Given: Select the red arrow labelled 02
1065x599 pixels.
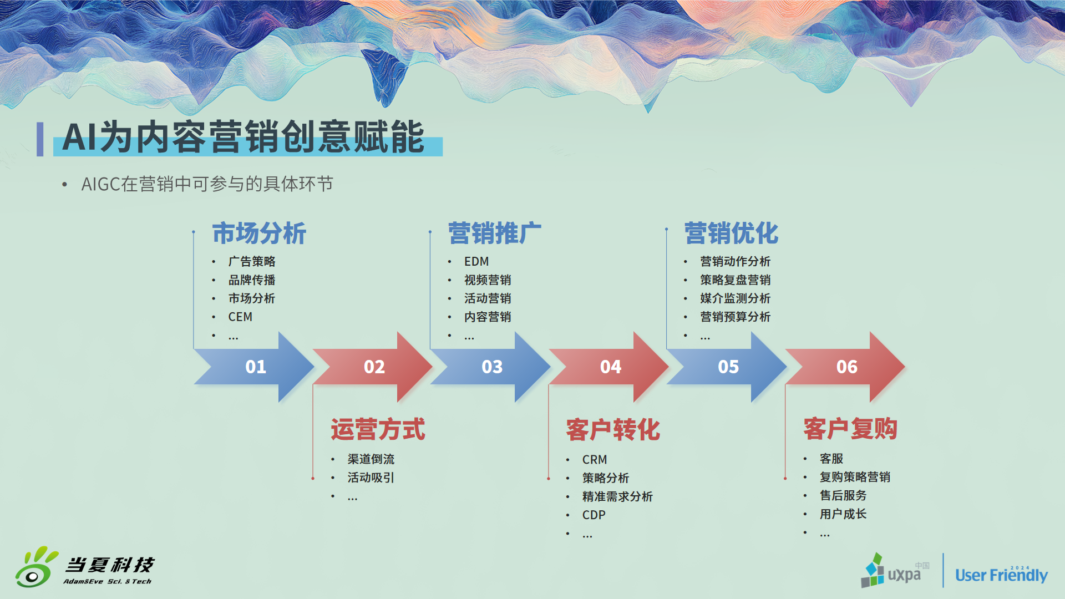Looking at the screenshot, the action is click(373, 367).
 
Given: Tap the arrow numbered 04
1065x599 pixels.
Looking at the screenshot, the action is click(610, 367).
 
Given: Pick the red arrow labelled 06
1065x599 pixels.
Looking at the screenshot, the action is click(846, 367).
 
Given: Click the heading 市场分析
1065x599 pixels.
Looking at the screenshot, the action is click(259, 233).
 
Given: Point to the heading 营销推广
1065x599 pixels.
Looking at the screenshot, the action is click(495, 233).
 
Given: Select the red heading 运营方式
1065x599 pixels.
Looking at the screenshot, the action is click(378, 430).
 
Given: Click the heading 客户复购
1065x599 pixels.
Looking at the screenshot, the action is click(850, 429).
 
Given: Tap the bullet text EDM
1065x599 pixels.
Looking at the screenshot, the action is click(476, 261).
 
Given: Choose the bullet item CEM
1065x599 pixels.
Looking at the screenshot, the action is click(240, 317).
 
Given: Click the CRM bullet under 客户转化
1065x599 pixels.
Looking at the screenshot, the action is click(595, 460).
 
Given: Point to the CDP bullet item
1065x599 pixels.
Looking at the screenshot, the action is click(594, 515).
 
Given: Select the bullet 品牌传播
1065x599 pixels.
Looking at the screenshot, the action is click(252, 280).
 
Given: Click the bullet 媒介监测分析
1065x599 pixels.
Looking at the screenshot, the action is click(736, 298).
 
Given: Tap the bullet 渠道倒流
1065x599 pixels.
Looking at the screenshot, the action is click(371, 459).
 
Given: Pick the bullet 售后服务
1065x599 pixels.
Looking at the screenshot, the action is click(843, 495).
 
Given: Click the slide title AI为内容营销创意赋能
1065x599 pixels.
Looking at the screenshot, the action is click(244, 137).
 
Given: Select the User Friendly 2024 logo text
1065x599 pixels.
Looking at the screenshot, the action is click(1001, 574).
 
